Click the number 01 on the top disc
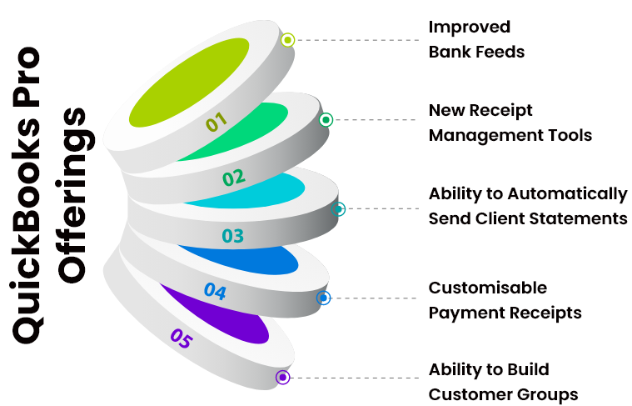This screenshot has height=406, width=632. tap(216, 122)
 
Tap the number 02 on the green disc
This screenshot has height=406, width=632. tap(234, 178)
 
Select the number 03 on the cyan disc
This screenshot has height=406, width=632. tap(233, 236)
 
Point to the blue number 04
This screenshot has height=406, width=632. tap(215, 292)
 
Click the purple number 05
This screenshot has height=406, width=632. tap(182, 338)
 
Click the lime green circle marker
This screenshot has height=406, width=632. tap(287, 40)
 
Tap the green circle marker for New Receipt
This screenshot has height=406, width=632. tap(326, 119)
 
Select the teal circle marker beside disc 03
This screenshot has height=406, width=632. tap(338, 209)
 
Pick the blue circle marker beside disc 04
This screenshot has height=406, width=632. tap(323, 298)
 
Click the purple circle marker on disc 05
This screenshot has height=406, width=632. tap(282, 378)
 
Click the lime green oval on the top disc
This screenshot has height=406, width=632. tap(189, 83)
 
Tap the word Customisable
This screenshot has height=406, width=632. tap(488, 288)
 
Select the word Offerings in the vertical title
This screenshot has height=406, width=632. tap(72, 196)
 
